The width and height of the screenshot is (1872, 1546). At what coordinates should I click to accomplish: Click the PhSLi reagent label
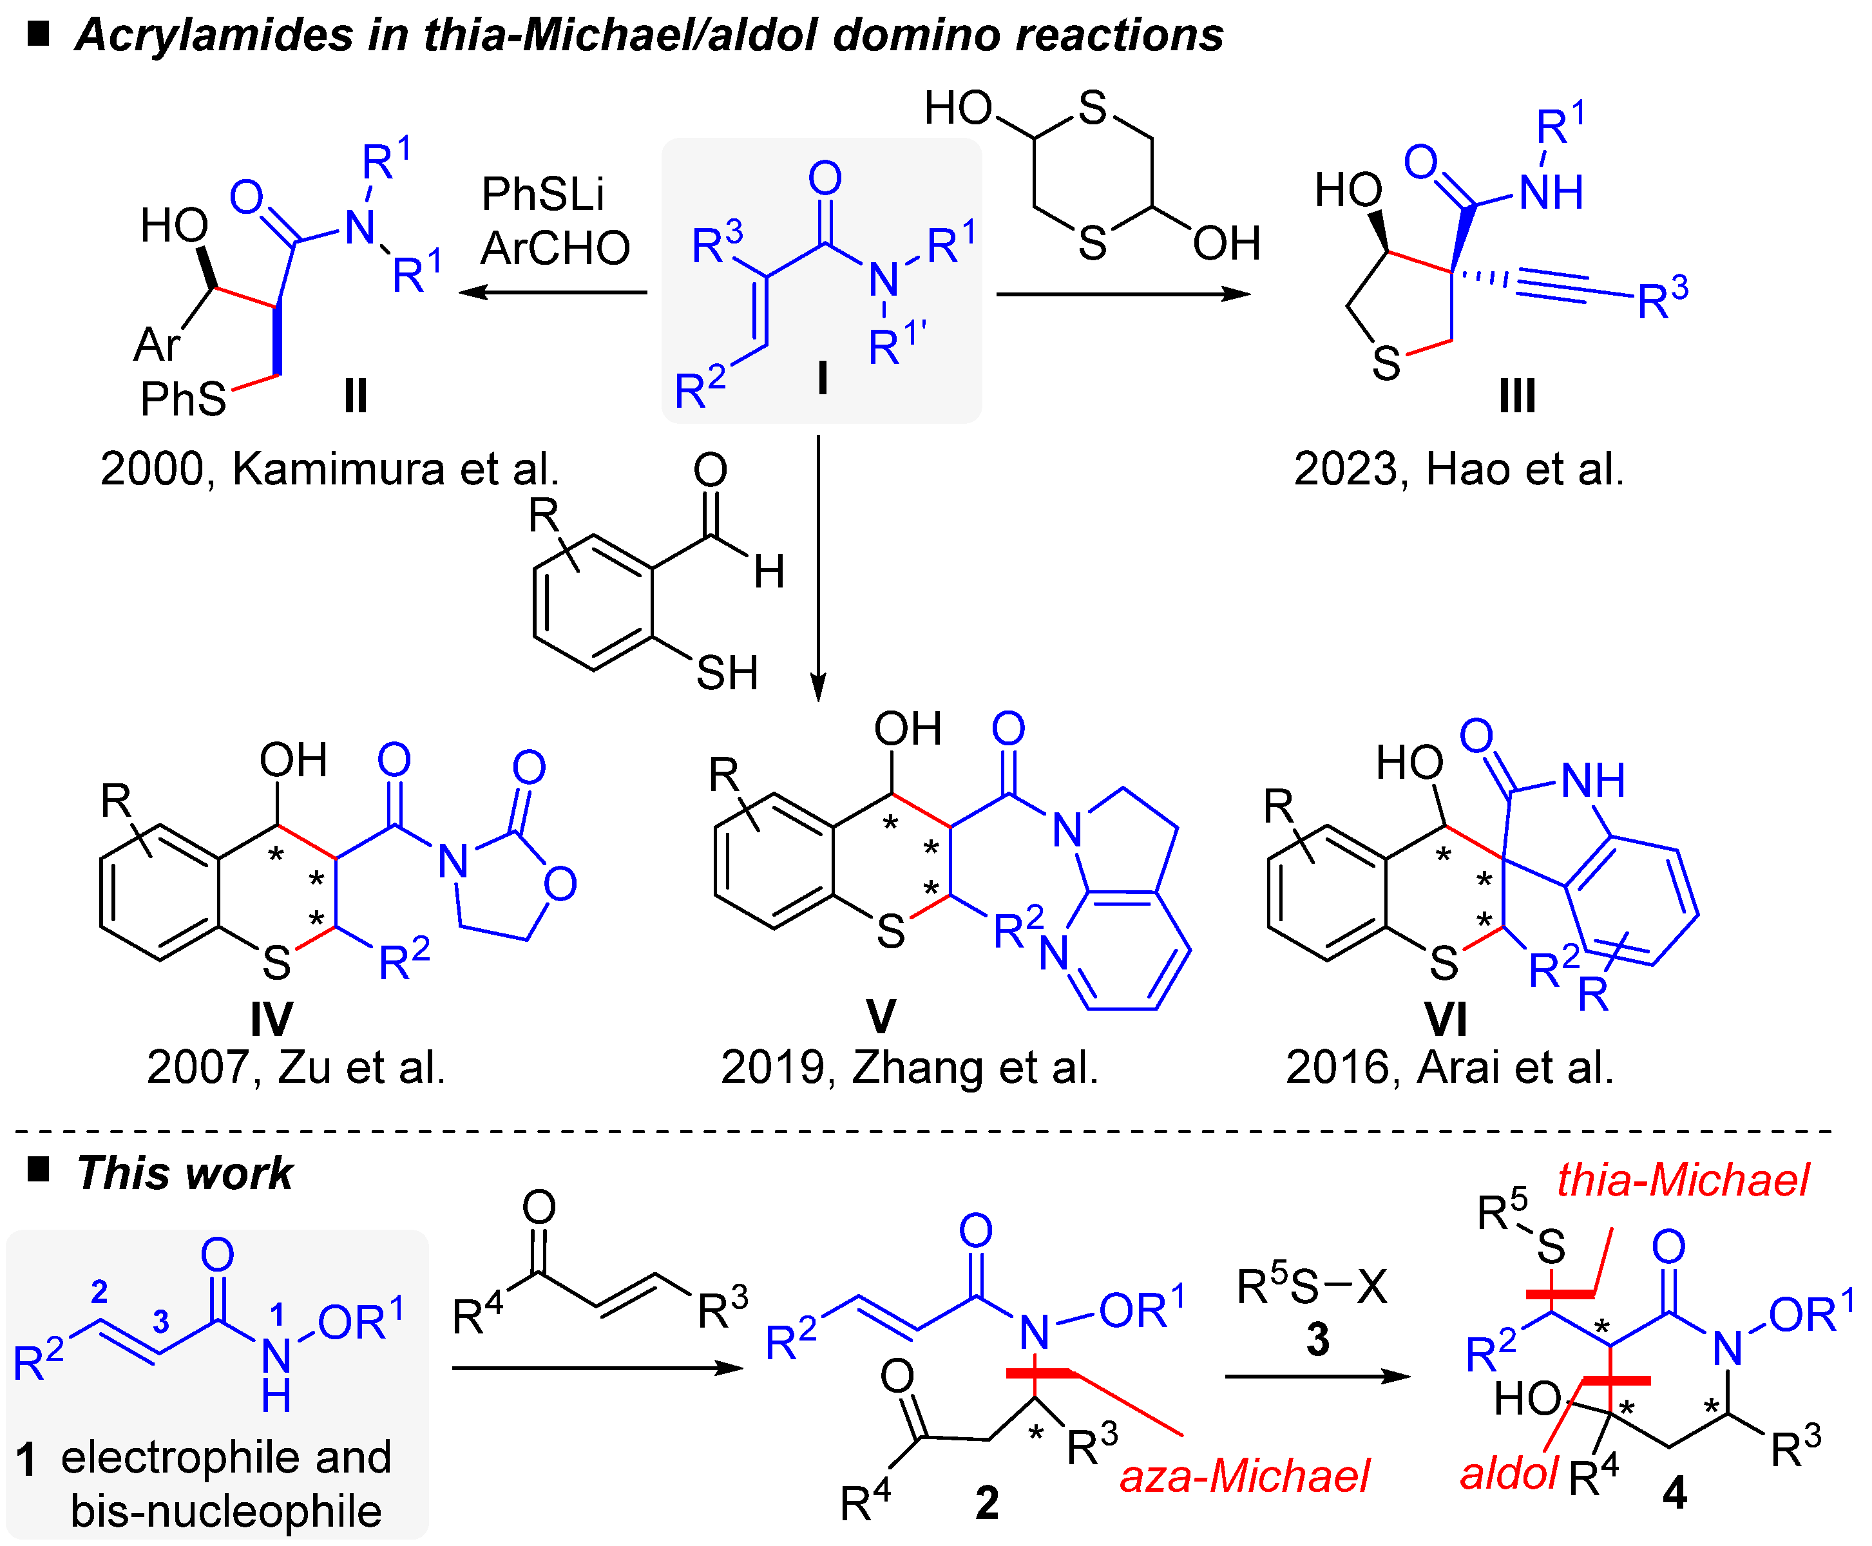(x=542, y=194)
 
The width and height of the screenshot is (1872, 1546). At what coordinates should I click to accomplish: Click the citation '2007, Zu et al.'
(x=296, y=1067)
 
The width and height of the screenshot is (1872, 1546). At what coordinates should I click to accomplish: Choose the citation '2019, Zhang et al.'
(x=910, y=1067)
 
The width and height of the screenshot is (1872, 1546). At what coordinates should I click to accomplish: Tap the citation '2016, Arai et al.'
(x=1449, y=1067)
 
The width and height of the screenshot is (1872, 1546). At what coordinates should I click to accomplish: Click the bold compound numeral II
(x=356, y=396)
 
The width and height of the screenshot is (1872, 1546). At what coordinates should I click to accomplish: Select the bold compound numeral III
(x=1516, y=396)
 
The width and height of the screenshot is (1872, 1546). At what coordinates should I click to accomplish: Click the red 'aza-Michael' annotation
(x=1244, y=1476)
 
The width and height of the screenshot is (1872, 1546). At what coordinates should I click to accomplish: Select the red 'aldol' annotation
(x=1509, y=1474)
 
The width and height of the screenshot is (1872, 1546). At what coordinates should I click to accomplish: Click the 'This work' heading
(x=184, y=1173)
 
